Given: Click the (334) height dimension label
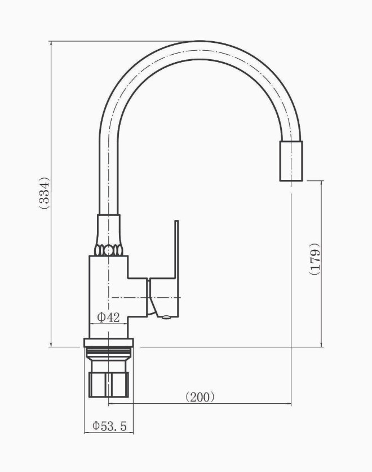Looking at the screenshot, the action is point(44,193).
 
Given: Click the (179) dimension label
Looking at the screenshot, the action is point(314,259).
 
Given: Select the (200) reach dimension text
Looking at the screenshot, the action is point(200,397).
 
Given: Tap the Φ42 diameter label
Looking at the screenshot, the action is point(108,317).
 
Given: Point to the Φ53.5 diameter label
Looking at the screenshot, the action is point(109,426).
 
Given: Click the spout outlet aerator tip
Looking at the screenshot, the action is point(291,161).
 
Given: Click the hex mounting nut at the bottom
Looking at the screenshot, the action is point(109,385).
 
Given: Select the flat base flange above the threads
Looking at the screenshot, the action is point(108,342).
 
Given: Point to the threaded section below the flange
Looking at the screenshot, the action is point(108,353).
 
